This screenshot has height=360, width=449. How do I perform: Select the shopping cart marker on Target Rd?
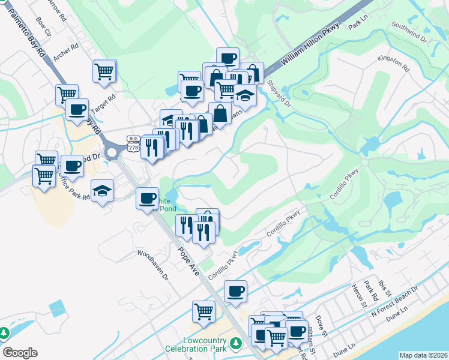(104, 72)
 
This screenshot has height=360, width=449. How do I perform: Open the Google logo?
(20, 353)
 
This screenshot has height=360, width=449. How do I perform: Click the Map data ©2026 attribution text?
(423, 355)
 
